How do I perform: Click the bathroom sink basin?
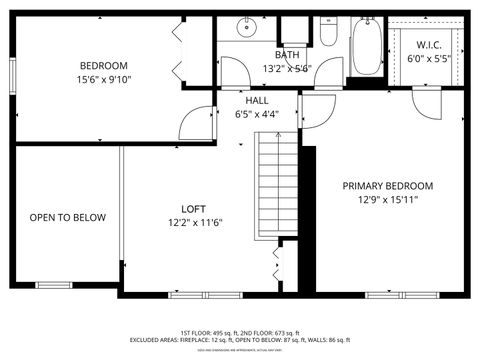click(x=246, y=28)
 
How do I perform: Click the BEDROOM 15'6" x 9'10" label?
click(x=104, y=72)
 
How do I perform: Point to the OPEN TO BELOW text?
click(x=67, y=217)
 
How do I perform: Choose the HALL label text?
click(x=256, y=100)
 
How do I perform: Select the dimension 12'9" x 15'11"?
click(x=388, y=200)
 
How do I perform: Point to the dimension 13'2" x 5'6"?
click(x=287, y=69)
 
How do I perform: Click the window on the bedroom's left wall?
click(x=12, y=73)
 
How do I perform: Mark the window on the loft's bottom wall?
click(x=205, y=294)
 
